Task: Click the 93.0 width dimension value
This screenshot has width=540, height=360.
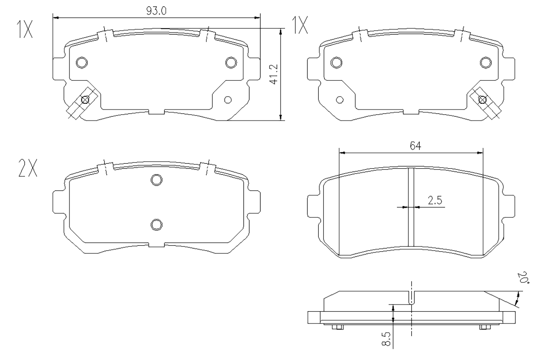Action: [x=156, y=11]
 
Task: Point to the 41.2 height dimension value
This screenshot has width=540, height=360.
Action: [x=274, y=74]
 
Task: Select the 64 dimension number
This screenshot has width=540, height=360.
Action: [x=415, y=146]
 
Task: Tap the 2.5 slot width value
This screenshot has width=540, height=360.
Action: [x=435, y=200]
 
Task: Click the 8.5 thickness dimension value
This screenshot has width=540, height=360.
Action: [x=386, y=339]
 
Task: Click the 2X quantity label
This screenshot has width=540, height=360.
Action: [x=28, y=168]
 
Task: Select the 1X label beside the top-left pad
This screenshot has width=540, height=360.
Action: [x=24, y=29]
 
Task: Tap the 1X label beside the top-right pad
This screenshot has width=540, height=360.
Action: [x=300, y=25]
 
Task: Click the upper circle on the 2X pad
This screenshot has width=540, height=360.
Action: [x=156, y=180]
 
